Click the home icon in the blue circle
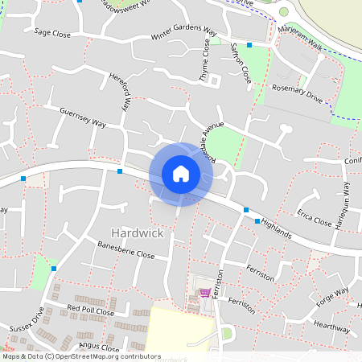point(180,174)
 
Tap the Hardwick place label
point(138,232)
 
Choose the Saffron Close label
point(240,64)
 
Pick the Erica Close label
point(314,219)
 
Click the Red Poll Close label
point(91,310)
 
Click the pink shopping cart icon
point(205,292)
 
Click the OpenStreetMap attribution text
point(81,356)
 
